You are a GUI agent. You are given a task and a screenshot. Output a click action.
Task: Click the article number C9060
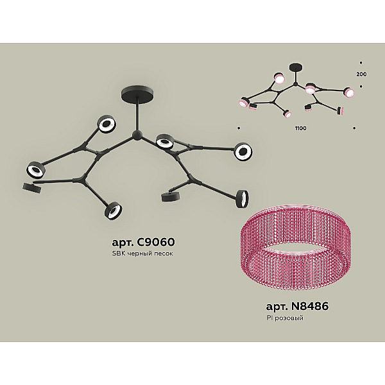coord(156,242)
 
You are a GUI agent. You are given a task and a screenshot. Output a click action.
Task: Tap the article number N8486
coord(310,306)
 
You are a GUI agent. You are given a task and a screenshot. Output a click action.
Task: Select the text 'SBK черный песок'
coord(142,253)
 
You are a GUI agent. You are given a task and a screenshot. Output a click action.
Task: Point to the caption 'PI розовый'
coord(285,318)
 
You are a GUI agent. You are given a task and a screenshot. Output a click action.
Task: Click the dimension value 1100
coord(301,128)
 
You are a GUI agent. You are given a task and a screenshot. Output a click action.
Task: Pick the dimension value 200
coord(361,74)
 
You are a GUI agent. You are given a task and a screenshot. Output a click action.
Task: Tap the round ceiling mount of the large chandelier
coord(138,92)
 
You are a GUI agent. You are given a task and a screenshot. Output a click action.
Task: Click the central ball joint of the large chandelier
coord(137,135)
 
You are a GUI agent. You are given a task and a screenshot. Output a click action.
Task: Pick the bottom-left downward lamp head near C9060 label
coord(114,211)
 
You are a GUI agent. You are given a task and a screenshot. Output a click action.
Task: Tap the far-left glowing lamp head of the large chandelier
coord(35,169)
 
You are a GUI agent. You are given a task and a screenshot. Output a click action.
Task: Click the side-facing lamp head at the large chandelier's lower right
coord(243,199)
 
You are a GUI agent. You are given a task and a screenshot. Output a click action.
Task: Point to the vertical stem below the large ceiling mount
coord(138,114)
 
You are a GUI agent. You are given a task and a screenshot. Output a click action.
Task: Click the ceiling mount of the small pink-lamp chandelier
coord(296,67)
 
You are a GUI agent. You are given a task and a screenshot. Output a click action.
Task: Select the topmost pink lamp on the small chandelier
coord(279,78)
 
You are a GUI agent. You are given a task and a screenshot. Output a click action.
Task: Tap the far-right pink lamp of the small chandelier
coord(349,92)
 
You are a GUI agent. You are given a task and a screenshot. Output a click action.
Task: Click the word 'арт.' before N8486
coord(277,307)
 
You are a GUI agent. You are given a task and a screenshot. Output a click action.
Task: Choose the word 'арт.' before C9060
coord(123,243)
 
